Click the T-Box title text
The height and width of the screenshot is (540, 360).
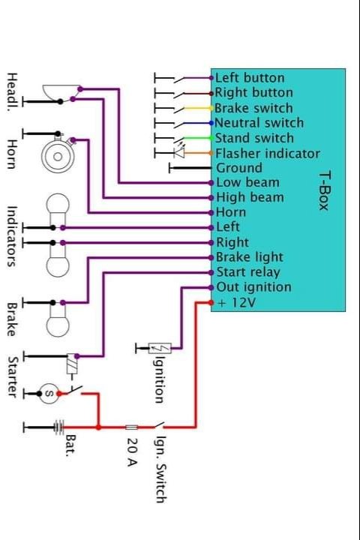pyautogui.click(x=325, y=191)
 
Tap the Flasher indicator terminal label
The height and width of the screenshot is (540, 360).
pyautogui.click(x=268, y=154)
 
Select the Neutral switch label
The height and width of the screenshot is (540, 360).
pyautogui.click(x=259, y=123)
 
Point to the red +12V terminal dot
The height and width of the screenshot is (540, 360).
pyautogui.click(x=211, y=303)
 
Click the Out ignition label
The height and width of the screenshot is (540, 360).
pyautogui.click(x=254, y=287)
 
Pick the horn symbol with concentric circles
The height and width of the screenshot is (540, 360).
pyautogui.click(x=58, y=156)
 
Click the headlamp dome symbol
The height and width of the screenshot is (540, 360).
pyautogui.click(x=61, y=93)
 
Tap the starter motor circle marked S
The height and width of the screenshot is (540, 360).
pyautogui.click(x=49, y=393)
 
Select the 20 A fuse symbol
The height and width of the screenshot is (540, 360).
pyautogui.click(x=131, y=427)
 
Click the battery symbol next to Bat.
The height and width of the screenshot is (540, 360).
pyautogui.click(x=58, y=427)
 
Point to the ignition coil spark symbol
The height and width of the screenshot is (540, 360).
pyautogui.click(x=160, y=349)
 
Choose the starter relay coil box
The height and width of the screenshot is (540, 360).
pyautogui.click(x=72, y=364)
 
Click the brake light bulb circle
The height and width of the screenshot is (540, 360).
pyautogui.click(x=58, y=325)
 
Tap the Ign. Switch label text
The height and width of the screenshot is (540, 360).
pyautogui.click(x=161, y=469)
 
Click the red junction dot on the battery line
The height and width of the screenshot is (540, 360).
pyautogui.click(x=98, y=427)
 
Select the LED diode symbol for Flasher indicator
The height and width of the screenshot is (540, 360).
pyautogui.click(x=179, y=153)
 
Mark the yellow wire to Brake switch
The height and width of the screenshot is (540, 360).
pyautogui.click(x=197, y=109)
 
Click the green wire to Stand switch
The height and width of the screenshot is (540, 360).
pyautogui.click(x=197, y=138)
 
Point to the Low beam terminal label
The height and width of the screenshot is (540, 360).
pyautogui.click(x=247, y=182)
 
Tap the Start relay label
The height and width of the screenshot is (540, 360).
pyautogui.click(x=248, y=272)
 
